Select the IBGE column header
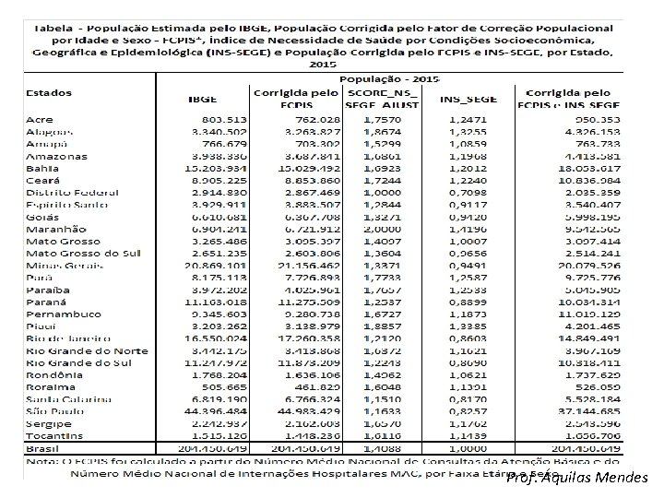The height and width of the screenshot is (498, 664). tap(204, 97)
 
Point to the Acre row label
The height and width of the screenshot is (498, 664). tap(41, 120)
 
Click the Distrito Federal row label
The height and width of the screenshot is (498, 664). tap(72, 192)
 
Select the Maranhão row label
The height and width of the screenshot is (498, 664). tap(56, 229)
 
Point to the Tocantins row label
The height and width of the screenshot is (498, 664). tap(53, 434)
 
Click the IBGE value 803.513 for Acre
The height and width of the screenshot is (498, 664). tap(216, 120)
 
